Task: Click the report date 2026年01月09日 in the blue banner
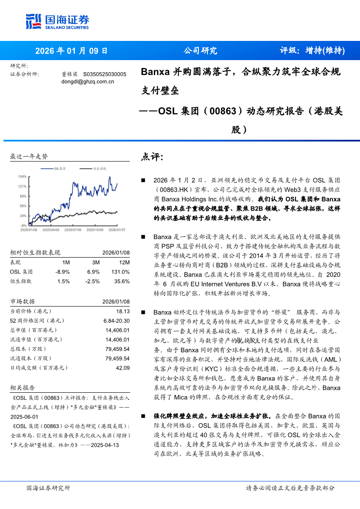point(71,51)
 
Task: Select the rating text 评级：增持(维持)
point(312,51)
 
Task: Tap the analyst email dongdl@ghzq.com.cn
point(88,81)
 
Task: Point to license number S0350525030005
point(105,74)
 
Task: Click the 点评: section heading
point(152,157)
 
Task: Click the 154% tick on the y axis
point(22,177)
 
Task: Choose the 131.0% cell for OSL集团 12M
point(121,272)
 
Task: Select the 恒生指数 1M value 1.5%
point(63,281)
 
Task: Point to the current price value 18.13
point(123,311)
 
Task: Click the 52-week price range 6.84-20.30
point(116,320)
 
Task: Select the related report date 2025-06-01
point(24,416)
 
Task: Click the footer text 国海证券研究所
point(48,488)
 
